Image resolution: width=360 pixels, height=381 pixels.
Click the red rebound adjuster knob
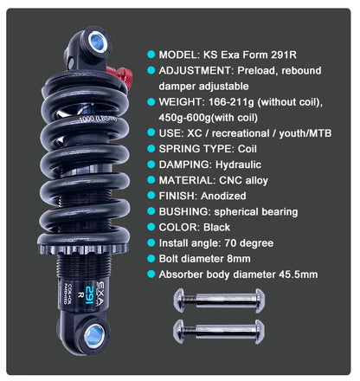(121, 75)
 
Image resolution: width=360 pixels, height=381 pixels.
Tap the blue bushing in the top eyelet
(98, 42)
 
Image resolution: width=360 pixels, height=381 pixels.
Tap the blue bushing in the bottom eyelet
(94, 335)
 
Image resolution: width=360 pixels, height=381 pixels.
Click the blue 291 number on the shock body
(90, 294)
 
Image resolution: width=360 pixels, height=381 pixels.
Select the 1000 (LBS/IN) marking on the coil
(98, 119)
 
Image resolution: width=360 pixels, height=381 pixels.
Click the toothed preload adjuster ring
(83, 249)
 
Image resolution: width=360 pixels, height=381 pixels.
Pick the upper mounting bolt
(219, 300)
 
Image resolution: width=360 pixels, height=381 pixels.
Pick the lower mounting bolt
(219, 332)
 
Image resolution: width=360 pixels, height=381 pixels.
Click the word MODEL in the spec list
(177, 55)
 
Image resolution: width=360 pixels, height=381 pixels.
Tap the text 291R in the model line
(284, 55)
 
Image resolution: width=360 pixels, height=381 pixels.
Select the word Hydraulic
(238, 165)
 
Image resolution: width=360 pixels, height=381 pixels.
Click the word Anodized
(223, 196)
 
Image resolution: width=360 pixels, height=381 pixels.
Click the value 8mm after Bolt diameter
(239, 259)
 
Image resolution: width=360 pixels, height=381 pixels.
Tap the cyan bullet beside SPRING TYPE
(151, 149)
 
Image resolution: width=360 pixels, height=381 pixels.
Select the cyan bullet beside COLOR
(151, 227)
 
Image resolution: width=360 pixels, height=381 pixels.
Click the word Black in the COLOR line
(216, 227)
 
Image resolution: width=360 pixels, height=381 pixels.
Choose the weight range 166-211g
(231, 102)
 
